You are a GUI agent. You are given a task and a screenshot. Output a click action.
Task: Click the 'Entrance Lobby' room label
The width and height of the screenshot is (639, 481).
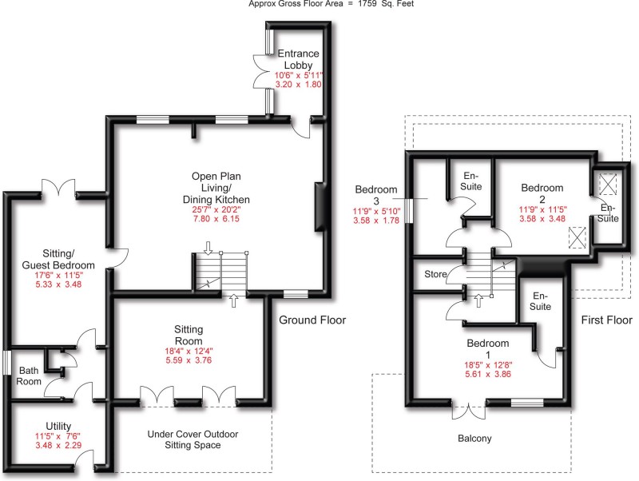300,58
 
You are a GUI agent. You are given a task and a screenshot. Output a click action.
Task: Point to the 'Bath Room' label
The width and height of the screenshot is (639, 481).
29,376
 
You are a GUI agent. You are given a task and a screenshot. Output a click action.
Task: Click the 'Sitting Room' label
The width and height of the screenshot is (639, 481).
189,334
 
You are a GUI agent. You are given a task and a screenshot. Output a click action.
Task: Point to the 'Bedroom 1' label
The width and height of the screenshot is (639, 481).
488,349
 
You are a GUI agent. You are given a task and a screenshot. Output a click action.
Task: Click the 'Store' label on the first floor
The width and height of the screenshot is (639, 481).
435,274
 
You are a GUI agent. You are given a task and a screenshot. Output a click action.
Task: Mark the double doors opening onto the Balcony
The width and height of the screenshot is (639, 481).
469,411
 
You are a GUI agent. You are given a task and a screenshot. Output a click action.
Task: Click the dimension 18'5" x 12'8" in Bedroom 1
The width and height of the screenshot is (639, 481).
489,370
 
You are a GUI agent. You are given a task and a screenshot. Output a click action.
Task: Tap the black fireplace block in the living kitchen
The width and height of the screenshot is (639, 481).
321,207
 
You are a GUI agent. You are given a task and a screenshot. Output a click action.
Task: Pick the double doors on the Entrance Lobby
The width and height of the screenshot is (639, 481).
260,73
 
